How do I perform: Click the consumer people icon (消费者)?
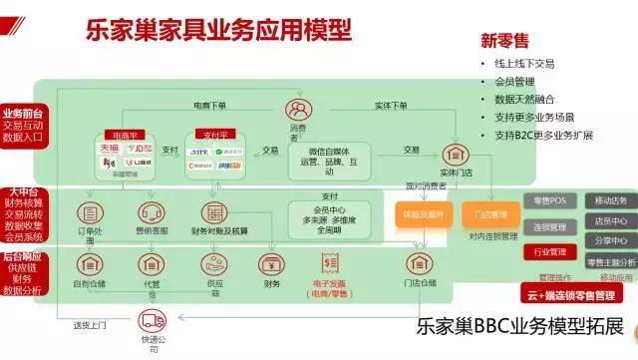click(x=297, y=108)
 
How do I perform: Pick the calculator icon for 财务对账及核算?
click(x=212, y=213)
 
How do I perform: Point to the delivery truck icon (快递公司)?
click(x=153, y=322)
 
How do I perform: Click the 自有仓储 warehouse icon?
click(x=89, y=264)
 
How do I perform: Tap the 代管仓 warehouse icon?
click(x=152, y=264)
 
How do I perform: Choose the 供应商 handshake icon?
click(x=212, y=264)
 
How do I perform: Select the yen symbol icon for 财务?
click(x=269, y=264)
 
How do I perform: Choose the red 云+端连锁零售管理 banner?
click(x=575, y=293)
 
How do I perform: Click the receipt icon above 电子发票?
click(x=328, y=262)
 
